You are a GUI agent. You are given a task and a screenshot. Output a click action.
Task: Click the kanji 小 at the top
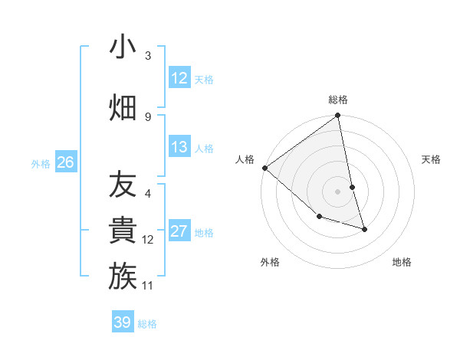(x=123, y=47)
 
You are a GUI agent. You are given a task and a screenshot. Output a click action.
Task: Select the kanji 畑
(x=123, y=106)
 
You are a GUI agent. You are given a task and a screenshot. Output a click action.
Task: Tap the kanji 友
(x=123, y=185)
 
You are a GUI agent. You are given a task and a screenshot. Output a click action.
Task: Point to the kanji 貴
(x=123, y=231)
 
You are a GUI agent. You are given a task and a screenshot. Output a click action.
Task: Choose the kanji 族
(x=123, y=277)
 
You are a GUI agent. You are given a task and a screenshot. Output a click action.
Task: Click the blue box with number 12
(x=179, y=78)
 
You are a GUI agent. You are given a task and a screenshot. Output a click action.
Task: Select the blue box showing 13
(x=179, y=147)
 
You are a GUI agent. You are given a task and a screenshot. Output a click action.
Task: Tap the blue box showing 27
(x=179, y=231)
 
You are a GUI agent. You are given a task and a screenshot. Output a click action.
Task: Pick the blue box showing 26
(x=66, y=162)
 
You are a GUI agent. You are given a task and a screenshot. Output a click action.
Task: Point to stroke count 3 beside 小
(x=148, y=56)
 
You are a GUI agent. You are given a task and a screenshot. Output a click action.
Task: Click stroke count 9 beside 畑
(x=148, y=116)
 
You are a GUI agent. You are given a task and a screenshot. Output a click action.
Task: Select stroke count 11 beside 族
(x=149, y=286)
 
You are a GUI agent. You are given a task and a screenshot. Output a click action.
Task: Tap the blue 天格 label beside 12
(x=204, y=79)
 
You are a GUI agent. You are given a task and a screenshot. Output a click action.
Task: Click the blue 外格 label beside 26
(x=41, y=163)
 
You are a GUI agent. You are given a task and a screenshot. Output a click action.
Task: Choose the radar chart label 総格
(x=338, y=100)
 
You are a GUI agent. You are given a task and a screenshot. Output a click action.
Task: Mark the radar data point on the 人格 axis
(x=264, y=168)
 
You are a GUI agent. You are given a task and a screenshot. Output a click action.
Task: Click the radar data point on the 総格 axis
(x=337, y=116)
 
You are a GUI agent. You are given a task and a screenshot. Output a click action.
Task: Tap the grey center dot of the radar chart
(x=337, y=191)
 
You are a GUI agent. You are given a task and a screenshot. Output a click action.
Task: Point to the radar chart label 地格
(x=402, y=262)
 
